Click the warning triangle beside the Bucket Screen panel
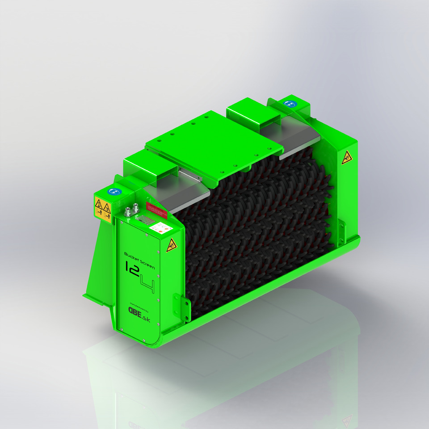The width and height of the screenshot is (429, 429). click(x=170, y=245)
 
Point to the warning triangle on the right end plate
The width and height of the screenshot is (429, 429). click(x=346, y=158)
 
